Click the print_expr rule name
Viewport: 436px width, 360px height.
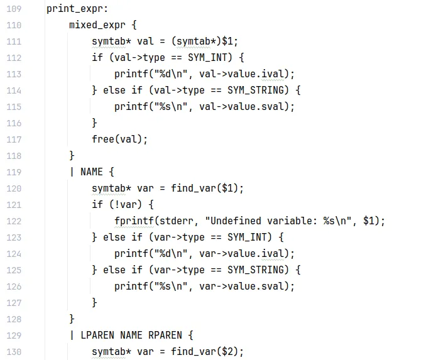(x=77, y=9)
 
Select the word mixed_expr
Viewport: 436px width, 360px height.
(x=97, y=26)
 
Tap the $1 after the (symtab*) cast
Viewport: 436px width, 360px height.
(x=229, y=42)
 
